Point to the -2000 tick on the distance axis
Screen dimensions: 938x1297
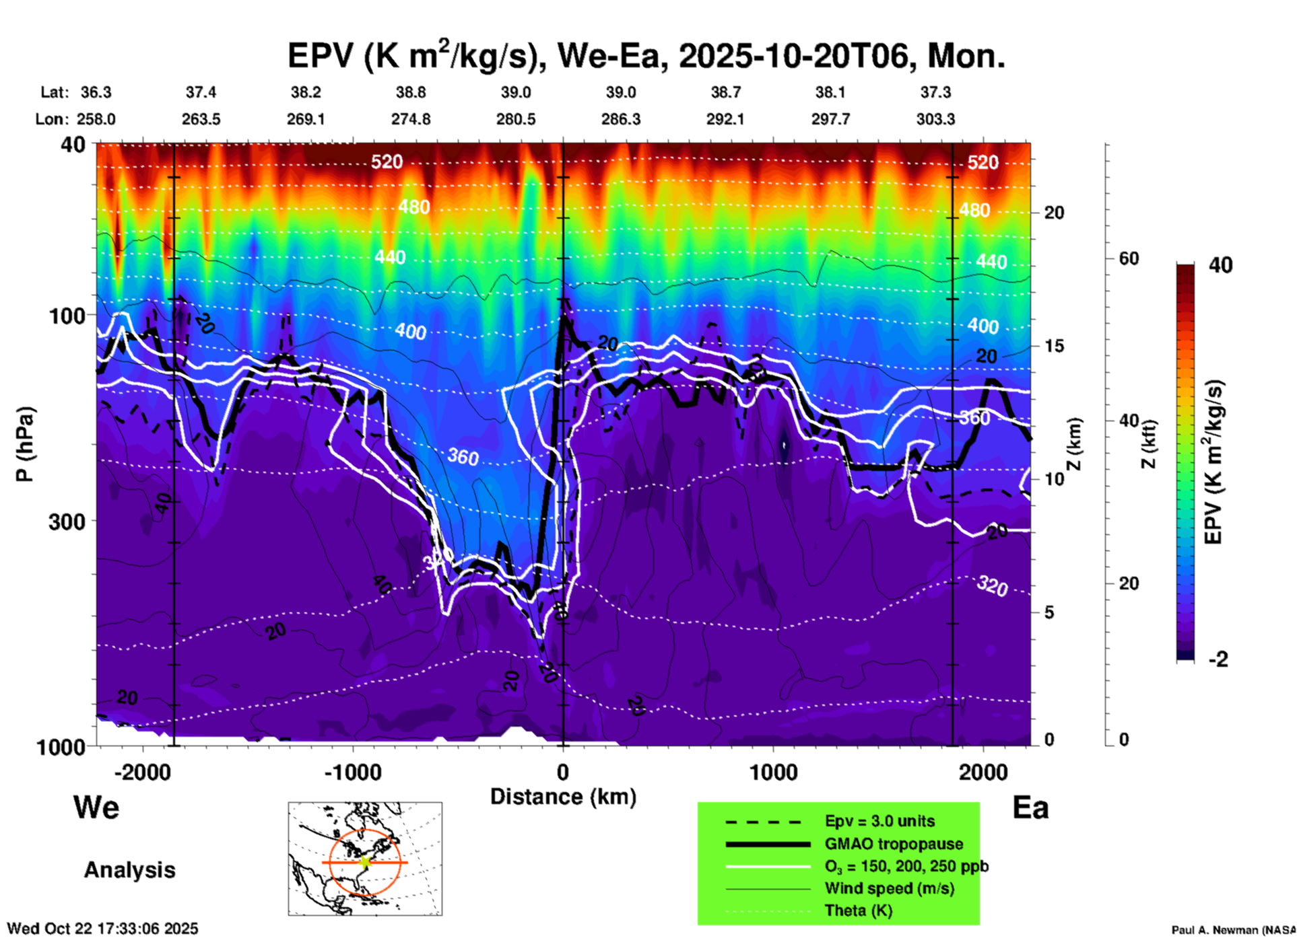[142, 772]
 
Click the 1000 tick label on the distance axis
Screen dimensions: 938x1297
[773, 772]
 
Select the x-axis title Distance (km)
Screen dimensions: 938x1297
[563, 797]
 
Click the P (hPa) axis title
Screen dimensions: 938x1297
[25, 444]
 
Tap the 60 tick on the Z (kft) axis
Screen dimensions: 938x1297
[1129, 258]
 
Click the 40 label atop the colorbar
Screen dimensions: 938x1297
[1220, 265]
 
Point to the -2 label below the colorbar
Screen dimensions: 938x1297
[1218, 659]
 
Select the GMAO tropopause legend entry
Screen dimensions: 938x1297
[894, 844]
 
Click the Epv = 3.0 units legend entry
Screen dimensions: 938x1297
[879, 821]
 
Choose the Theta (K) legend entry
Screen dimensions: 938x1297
[859, 910]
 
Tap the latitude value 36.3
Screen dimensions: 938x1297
[96, 92]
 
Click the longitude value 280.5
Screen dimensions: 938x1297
[516, 119]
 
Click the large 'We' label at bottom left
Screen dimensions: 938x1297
[96, 807]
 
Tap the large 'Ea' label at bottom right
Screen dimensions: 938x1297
[1030, 807]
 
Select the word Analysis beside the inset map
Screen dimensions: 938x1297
[129, 870]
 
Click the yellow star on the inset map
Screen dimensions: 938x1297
[365, 862]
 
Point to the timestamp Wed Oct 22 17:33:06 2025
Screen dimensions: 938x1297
[102, 929]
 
